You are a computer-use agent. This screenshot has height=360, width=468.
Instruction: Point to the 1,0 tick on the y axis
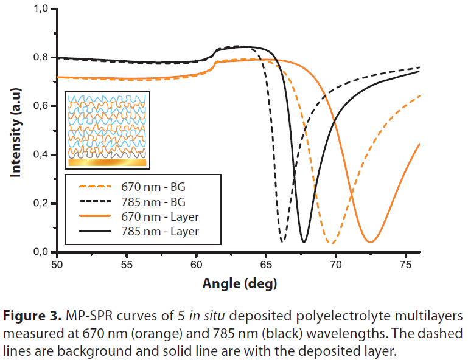point(41,9)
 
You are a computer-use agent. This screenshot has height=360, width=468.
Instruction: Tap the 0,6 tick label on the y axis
point(41,106)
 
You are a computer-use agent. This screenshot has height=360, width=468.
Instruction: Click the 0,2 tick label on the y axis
point(41,204)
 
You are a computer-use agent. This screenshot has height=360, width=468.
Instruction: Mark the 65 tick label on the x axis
point(266,265)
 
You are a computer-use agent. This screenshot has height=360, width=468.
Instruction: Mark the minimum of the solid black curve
point(304,242)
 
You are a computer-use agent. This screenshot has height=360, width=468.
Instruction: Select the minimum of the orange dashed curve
point(332,243)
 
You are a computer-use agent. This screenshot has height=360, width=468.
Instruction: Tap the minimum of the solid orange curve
point(370,242)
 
